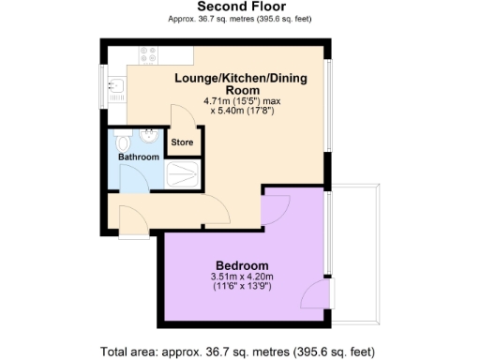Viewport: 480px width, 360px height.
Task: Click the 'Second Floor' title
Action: (x=240, y=7)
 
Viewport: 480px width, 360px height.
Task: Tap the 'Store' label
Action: (x=182, y=143)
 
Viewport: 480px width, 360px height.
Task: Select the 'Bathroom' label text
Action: (x=139, y=157)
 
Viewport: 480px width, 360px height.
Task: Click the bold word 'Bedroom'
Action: (x=242, y=264)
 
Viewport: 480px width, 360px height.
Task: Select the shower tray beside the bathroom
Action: (x=183, y=173)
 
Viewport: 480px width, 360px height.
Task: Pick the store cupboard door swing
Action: (x=184, y=120)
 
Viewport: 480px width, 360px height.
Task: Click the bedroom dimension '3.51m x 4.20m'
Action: (x=242, y=277)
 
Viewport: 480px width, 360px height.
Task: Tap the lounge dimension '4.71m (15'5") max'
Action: (x=236, y=101)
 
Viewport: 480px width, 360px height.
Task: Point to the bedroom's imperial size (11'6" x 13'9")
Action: (x=242, y=289)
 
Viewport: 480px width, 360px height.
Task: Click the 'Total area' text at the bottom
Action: (x=240, y=352)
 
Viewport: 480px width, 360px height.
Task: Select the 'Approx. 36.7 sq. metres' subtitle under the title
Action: (x=240, y=19)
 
